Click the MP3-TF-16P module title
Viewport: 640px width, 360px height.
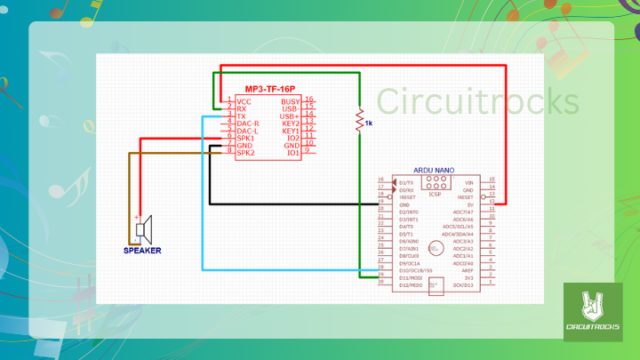tap(270, 90)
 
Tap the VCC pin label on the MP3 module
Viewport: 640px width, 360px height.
tap(244, 100)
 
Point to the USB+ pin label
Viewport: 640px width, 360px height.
tap(289, 116)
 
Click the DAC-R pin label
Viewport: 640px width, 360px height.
tap(248, 124)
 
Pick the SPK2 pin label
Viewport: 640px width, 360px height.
tap(245, 153)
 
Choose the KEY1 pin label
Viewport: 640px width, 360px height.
tap(291, 131)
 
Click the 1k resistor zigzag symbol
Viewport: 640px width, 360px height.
tap(359, 119)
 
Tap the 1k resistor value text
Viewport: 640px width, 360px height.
tap(369, 124)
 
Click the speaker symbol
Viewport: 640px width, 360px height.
tap(143, 229)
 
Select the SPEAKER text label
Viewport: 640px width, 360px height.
tap(142, 250)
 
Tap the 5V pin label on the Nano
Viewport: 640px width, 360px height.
tap(468, 204)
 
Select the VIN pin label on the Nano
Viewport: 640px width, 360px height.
tap(468, 181)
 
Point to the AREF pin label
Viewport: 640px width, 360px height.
tap(466, 270)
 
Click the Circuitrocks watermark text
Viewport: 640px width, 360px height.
tap(477, 101)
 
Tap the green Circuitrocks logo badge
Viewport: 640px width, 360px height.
tap(593, 313)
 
